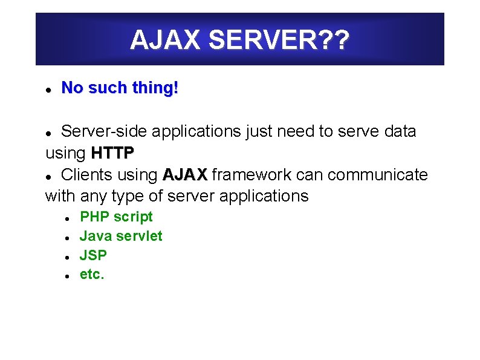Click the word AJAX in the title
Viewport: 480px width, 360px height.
(x=165, y=41)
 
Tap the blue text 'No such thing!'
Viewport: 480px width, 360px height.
(x=120, y=88)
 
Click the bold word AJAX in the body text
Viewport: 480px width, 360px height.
(x=185, y=175)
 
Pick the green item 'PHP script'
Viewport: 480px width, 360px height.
(x=116, y=217)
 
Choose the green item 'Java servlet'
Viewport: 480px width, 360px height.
(x=121, y=236)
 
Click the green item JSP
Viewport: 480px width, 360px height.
(x=93, y=255)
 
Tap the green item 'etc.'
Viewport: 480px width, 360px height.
(x=92, y=275)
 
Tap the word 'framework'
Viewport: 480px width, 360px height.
(x=254, y=175)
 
